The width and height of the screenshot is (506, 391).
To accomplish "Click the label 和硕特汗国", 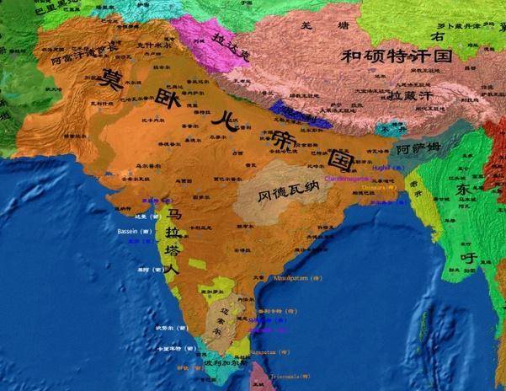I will (397, 57).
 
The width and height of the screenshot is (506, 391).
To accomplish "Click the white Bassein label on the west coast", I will (134, 230).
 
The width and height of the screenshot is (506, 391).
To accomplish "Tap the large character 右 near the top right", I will (437, 36).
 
